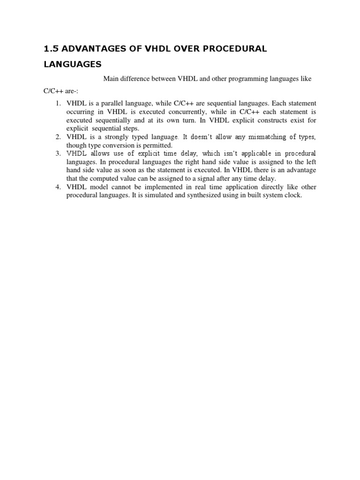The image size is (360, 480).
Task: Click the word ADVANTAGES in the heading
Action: [x=88, y=49]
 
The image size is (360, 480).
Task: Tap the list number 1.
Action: [x=58, y=103]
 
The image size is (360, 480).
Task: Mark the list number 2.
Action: [x=58, y=137]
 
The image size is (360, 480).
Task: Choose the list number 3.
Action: [x=58, y=154]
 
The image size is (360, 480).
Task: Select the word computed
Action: [x=106, y=178]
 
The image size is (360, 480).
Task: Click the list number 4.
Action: [x=58, y=187]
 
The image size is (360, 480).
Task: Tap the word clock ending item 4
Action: [x=293, y=195]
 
